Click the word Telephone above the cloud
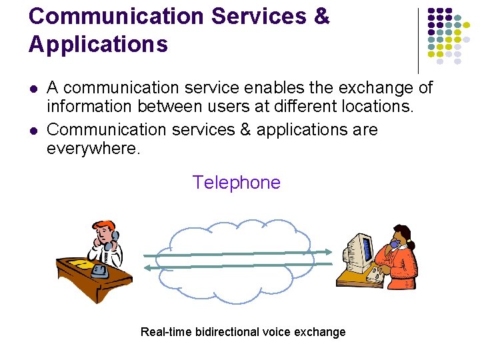pyautogui.click(x=236, y=182)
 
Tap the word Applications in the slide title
pyautogui.click(x=98, y=45)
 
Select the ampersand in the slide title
pyautogui.click(x=320, y=16)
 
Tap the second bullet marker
pyautogui.click(x=32, y=130)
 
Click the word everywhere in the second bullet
pyautogui.click(x=93, y=148)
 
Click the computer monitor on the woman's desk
pyautogui.click(x=357, y=248)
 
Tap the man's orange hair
pyautogui.click(x=103, y=225)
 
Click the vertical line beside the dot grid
pyautogui.click(x=418, y=40)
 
